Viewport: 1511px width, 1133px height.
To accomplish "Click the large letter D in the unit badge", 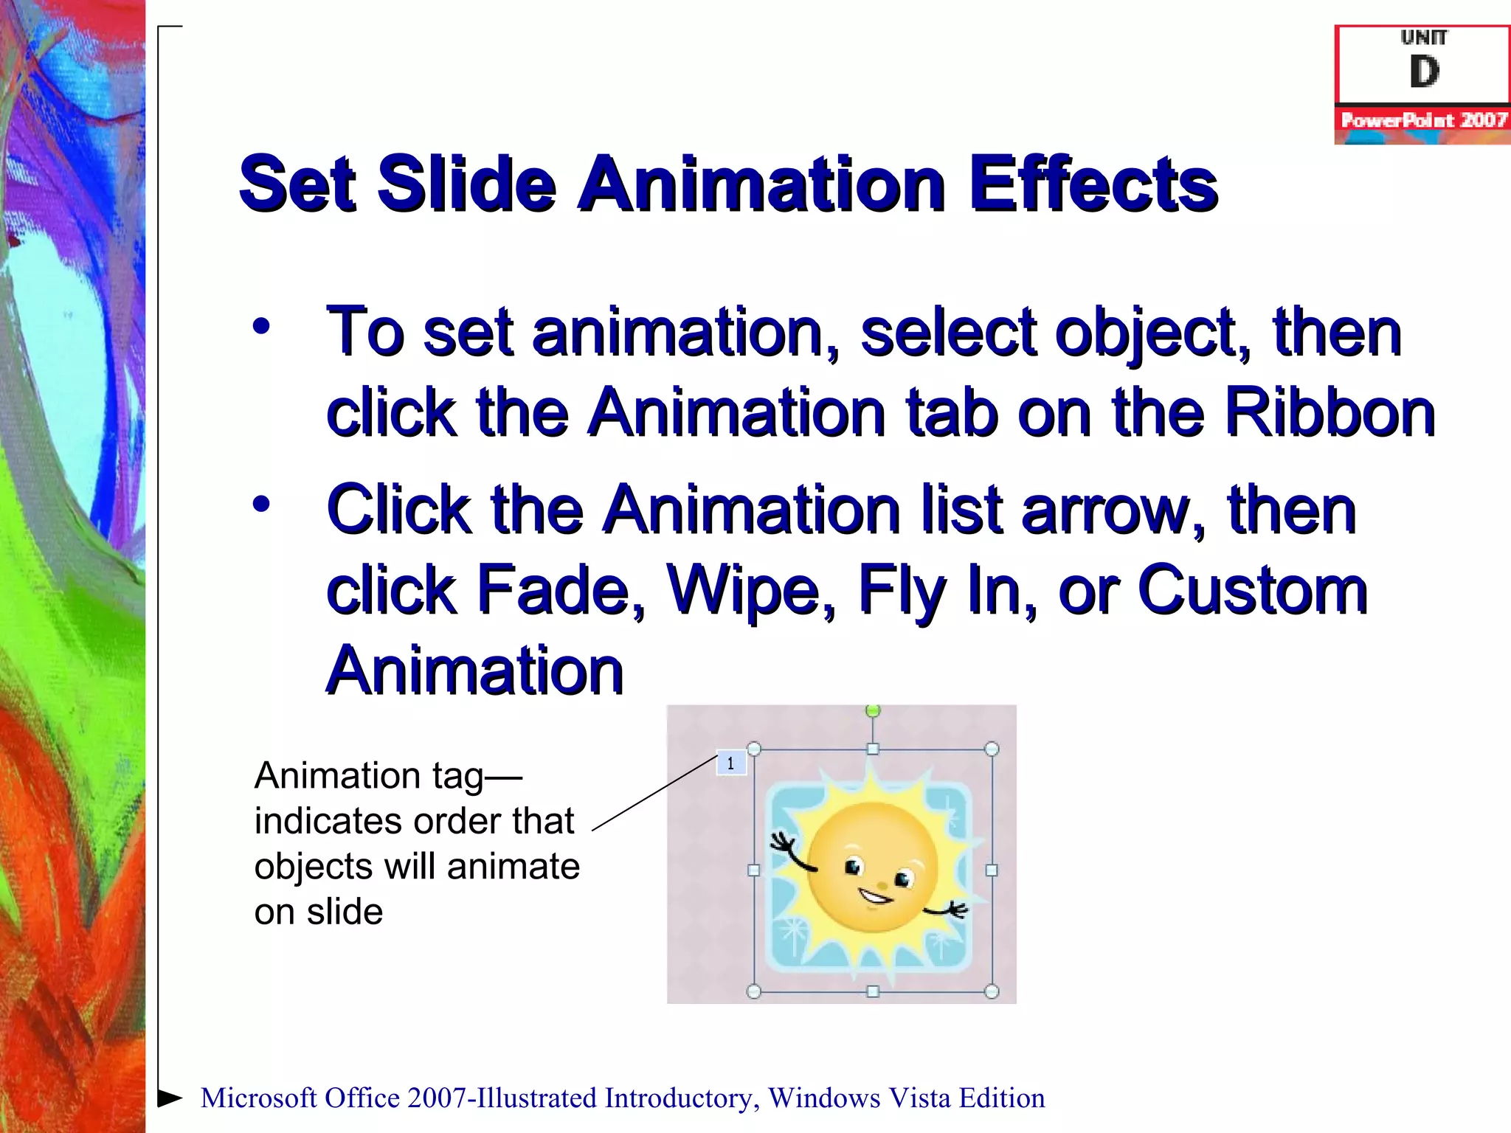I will click(x=1424, y=72).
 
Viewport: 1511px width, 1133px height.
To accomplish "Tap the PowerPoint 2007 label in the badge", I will click(x=1423, y=120).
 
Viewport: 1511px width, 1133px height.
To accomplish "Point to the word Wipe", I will click(x=751, y=589).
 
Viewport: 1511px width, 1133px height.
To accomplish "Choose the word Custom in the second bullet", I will click(x=1253, y=589).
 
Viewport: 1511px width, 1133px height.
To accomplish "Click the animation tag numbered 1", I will click(x=731, y=763).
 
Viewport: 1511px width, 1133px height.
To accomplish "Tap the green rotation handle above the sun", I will click(x=873, y=711).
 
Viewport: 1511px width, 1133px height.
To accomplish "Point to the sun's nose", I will click(x=882, y=884).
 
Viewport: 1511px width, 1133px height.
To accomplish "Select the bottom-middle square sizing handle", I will click(x=873, y=991).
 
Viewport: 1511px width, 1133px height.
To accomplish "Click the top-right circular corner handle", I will click(x=992, y=749).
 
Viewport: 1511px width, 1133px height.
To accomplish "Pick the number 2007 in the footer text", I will click(x=438, y=1098).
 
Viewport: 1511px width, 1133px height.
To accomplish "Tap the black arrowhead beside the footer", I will click(x=170, y=1098).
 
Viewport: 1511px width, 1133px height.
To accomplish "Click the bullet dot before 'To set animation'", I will click(x=261, y=326).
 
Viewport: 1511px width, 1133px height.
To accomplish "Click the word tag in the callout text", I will click(x=457, y=777).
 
